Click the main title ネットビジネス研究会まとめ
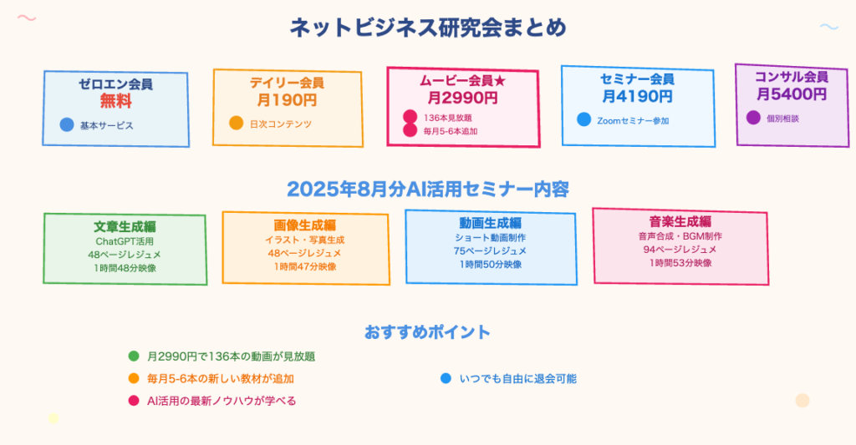pos(428,28)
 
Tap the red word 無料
pos(115,101)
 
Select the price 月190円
pos(288,100)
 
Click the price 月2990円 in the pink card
pos(462,98)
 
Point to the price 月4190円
pos(637,96)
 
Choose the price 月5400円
pos(792,94)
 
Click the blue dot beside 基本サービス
pos(67,125)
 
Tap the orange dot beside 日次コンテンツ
pos(236,123)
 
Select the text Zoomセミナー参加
pos(633,120)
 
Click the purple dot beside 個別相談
pos(753,117)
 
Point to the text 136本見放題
pos(448,118)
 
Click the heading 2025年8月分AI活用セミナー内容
pos(428,190)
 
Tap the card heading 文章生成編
pos(125,227)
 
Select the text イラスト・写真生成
pos(304,240)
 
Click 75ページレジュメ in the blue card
pos(490,250)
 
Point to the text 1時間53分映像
pos(680,263)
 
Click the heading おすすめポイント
pos(427,332)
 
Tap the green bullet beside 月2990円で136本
pos(134,357)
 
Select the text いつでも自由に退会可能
pos(518,378)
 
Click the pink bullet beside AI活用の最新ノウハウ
pos(134,401)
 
